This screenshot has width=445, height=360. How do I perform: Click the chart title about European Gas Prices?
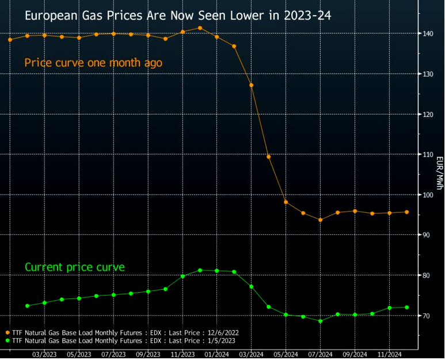(178, 16)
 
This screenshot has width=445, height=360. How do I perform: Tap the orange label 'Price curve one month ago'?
(93, 63)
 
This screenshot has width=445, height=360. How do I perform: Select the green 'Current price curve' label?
(75, 267)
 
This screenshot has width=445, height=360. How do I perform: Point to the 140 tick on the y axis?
(425, 34)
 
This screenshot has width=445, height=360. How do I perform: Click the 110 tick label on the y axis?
(425, 154)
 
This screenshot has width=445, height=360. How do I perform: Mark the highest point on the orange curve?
(200, 28)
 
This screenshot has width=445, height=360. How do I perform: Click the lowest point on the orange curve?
(320, 220)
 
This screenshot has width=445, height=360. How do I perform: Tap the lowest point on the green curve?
(320, 321)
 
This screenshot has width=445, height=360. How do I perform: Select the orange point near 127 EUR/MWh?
(251, 85)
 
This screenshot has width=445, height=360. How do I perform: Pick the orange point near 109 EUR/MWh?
(268, 157)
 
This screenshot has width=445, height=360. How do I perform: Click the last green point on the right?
(406, 307)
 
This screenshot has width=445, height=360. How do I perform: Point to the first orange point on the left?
(10, 40)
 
